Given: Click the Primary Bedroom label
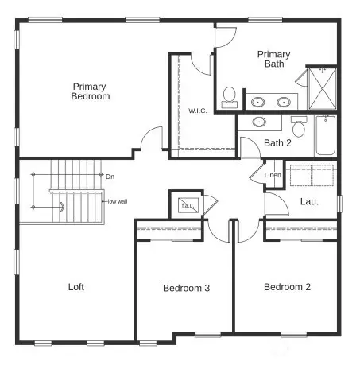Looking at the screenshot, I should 90,91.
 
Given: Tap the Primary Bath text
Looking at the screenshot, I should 273,60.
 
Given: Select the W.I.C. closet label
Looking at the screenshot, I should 197,111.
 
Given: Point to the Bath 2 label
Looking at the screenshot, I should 277,143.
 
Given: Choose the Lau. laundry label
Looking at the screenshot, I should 308,201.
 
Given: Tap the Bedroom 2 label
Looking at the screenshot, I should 288,287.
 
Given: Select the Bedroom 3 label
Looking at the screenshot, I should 186,288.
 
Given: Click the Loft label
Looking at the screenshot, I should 75,287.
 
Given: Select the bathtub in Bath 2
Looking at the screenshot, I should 326,136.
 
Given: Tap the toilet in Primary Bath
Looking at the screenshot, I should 229,96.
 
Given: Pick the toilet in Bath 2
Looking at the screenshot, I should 300,126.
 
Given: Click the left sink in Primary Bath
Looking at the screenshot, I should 259,102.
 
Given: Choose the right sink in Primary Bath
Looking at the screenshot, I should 284,102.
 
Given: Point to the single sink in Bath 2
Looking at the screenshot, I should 259,122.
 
